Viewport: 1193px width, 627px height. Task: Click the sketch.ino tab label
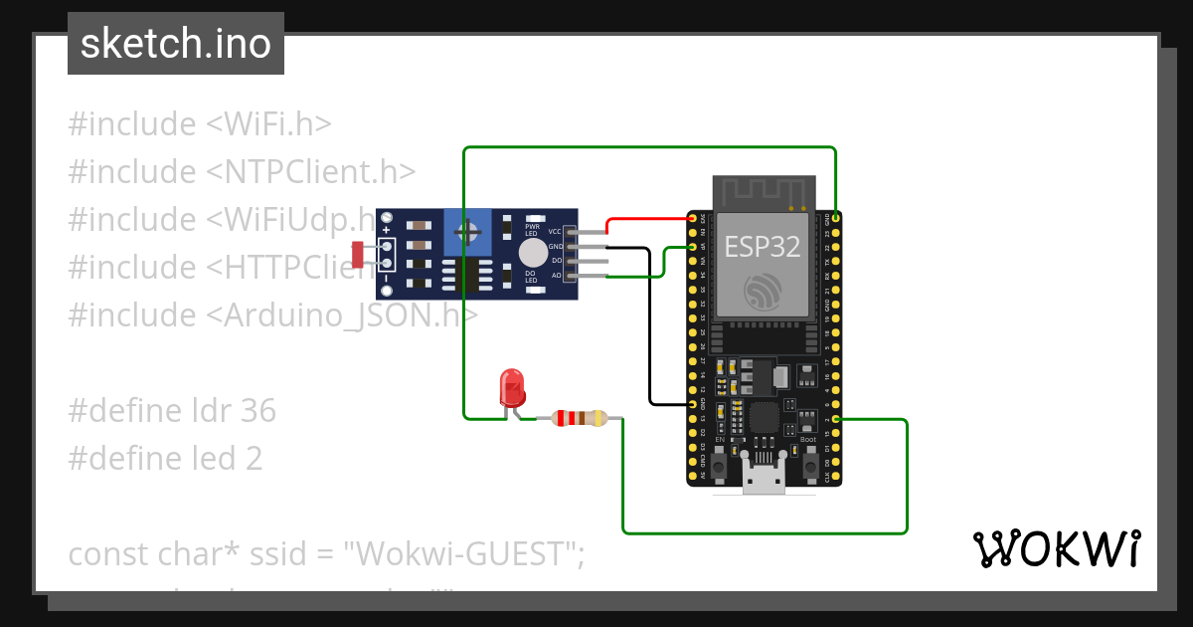175,45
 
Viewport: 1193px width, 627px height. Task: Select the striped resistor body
580,418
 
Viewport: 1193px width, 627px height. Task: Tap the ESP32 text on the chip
763,247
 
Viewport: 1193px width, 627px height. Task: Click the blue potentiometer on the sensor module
467,235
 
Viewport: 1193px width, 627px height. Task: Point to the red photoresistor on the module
358,254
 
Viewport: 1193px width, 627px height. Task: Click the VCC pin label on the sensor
555,231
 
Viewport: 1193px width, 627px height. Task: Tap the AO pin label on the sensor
556,274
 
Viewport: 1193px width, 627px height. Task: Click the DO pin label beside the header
556,260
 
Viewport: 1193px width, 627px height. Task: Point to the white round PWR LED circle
533,251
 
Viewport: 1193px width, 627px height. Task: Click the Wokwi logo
1056,549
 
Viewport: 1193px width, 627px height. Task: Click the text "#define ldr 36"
172,410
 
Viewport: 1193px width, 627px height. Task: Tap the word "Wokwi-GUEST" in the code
462,553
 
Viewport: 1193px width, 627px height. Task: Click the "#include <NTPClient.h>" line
242,171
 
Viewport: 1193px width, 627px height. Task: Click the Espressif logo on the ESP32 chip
763,292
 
